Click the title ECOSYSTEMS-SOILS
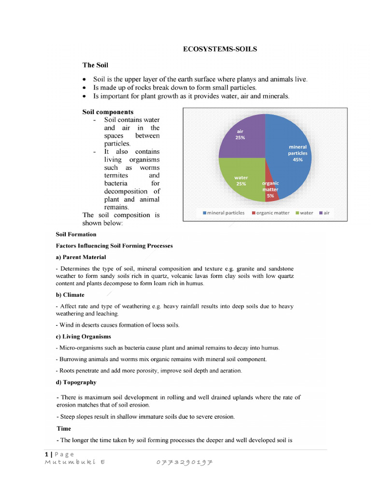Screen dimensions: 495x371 [x=219, y=49]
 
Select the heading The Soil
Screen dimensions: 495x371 [x=95, y=65]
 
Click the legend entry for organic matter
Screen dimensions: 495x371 [x=273, y=213]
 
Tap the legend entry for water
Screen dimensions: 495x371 [x=304, y=213]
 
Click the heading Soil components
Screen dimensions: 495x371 [x=108, y=112]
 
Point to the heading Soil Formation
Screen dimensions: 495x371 [x=76, y=234]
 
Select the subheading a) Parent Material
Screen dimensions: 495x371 [x=81, y=257]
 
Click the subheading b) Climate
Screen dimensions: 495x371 [x=70, y=295]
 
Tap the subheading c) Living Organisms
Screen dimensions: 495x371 [x=83, y=336]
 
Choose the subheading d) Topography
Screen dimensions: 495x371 [x=76, y=382]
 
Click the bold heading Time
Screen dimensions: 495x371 [x=64, y=429]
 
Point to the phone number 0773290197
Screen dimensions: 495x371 [x=185, y=462]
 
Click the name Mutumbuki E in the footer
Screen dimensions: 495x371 [x=75, y=462]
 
